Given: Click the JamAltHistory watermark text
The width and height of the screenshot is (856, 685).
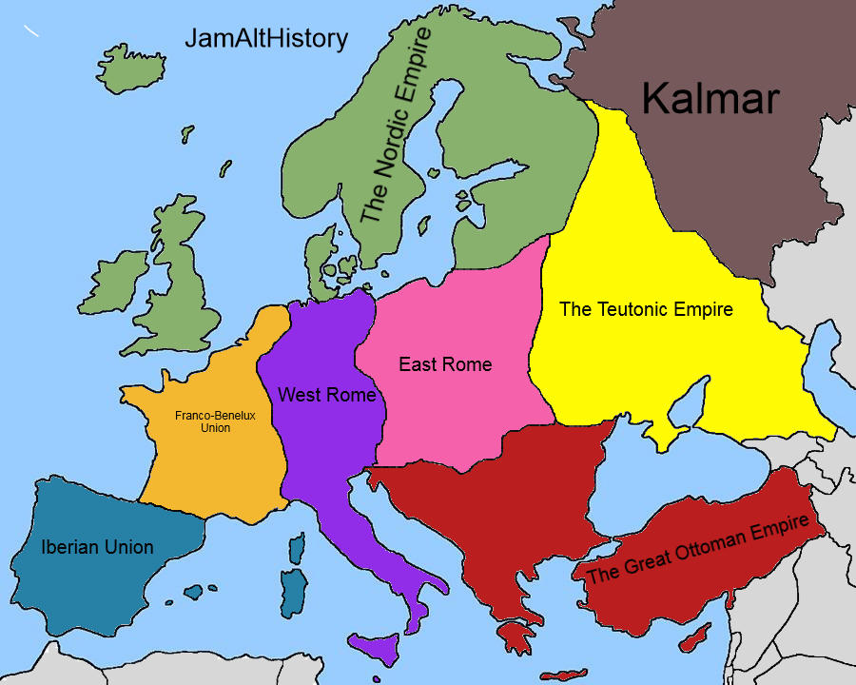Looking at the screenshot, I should (266, 40).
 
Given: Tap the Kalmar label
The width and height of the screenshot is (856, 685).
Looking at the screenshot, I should (710, 98).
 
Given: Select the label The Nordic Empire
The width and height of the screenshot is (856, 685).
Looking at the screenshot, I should (396, 126).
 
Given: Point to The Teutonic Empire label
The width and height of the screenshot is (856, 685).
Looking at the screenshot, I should (646, 309).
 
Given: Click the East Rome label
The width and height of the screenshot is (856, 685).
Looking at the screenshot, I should (445, 364).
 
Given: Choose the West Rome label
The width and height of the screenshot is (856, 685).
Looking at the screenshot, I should (326, 394).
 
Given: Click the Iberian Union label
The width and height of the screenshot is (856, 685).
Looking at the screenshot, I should (97, 547).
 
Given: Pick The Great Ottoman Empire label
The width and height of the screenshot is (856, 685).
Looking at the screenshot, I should (697, 548).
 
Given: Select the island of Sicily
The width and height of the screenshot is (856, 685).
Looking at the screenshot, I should (385, 650).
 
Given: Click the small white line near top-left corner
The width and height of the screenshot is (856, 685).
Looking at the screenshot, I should (32, 31).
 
